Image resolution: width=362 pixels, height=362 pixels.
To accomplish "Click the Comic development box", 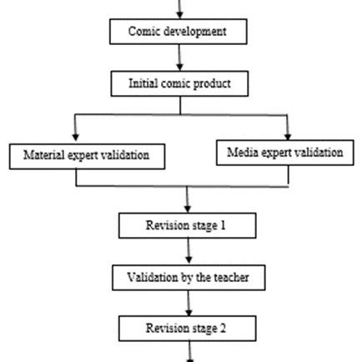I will click(x=181, y=33).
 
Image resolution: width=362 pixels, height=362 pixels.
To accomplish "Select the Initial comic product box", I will click(x=181, y=83).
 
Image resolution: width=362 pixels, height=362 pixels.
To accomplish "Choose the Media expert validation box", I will click(x=284, y=153).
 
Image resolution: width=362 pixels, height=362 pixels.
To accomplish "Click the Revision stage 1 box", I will click(x=185, y=225).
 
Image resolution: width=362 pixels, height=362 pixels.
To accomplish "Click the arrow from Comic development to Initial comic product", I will click(x=181, y=58).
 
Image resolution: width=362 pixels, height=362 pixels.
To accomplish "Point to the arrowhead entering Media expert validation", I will click(x=289, y=133).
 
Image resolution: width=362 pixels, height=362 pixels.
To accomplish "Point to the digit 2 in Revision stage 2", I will click(x=223, y=328).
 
